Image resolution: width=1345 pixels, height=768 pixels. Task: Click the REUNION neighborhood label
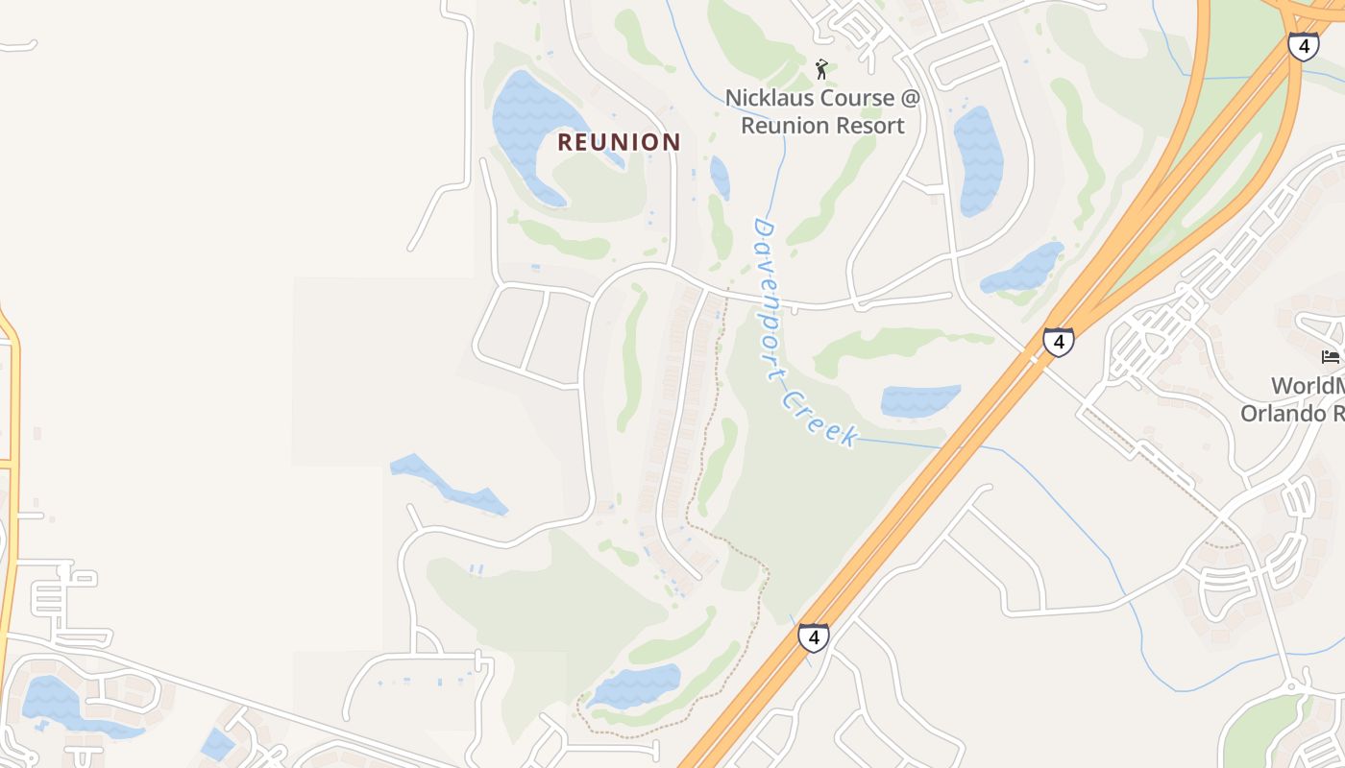(x=619, y=142)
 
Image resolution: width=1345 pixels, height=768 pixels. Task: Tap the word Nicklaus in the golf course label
(x=770, y=98)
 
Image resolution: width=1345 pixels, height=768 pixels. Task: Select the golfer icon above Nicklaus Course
(x=821, y=68)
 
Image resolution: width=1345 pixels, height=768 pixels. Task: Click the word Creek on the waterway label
(x=818, y=417)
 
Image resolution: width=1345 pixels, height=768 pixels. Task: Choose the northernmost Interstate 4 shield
(x=1303, y=46)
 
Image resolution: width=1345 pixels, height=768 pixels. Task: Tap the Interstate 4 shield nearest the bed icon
(x=1058, y=341)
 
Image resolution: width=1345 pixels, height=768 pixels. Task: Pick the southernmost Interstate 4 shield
(x=813, y=636)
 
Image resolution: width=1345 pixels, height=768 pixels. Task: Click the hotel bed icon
(x=1331, y=357)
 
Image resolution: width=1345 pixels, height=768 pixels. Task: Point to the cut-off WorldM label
(x=1308, y=386)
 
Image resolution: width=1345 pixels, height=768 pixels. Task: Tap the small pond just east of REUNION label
(x=720, y=177)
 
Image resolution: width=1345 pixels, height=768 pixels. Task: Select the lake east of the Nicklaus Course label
(x=979, y=158)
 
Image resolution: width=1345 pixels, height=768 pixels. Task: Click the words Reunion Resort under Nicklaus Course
(x=822, y=126)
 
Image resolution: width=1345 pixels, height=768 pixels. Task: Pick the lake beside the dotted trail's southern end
(x=635, y=685)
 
